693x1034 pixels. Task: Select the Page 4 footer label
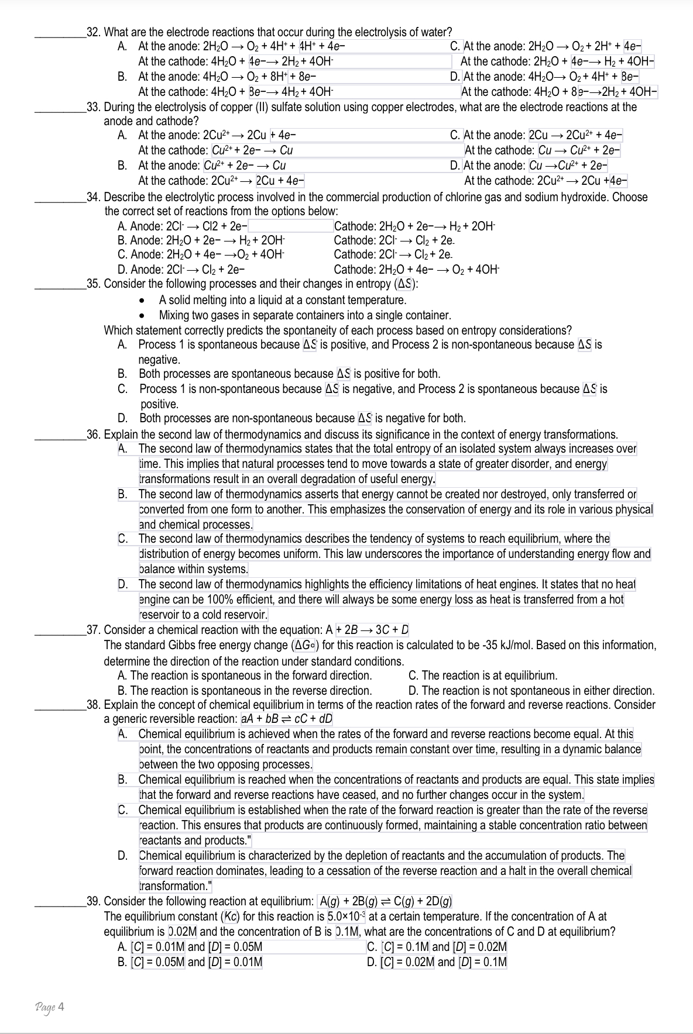pos(50,1007)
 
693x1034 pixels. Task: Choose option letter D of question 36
pos(123,584)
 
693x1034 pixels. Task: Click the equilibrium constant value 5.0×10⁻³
pos(346,916)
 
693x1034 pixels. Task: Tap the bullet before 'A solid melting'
pos(142,301)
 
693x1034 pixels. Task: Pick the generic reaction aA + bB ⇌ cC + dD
pos(287,719)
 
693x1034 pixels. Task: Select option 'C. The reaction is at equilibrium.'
pos(482,676)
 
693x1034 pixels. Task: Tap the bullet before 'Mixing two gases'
pos(142,316)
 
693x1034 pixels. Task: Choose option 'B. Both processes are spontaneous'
pos(279,374)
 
